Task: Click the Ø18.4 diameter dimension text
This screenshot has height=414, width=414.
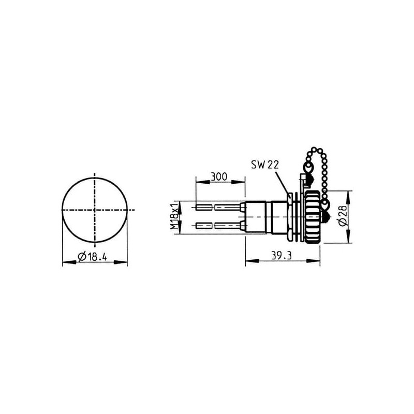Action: [92, 256]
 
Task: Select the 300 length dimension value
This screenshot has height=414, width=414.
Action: [218, 176]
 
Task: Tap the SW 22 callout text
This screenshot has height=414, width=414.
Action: [265, 165]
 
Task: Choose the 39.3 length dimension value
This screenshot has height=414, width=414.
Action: [282, 255]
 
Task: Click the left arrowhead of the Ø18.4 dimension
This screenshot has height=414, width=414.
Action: [69, 262]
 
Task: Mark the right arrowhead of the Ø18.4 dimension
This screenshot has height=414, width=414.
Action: [121, 262]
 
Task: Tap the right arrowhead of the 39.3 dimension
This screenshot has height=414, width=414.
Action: [313, 261]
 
